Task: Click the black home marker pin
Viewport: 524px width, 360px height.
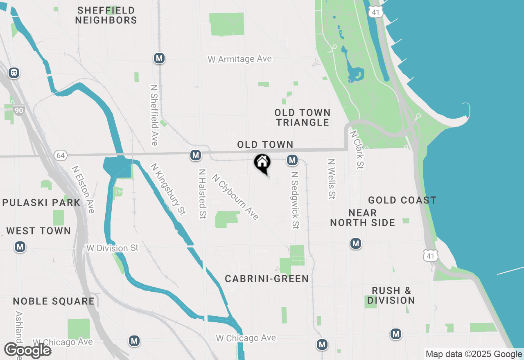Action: [262, 163]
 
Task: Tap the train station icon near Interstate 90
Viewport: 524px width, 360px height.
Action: [14, 73]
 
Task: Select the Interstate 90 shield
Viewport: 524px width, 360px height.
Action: [19, 110]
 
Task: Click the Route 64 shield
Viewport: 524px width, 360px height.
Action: [61, 155]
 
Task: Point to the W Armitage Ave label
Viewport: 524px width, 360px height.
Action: [239, 59]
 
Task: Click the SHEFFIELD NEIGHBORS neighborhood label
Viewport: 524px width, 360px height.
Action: [106, 15]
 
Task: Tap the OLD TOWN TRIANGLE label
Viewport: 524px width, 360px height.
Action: [303, 117]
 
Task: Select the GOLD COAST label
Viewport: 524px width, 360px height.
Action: [402, 200]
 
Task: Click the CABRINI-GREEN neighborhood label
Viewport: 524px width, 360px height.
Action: [267, 279]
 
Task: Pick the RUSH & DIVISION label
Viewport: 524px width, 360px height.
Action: [391, 295]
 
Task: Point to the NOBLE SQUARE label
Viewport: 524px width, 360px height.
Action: [54, 301]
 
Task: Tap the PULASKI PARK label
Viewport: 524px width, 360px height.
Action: [41, 202]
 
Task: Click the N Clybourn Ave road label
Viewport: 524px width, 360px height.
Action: [235, 197]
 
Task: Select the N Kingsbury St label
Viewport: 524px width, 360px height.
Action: [168, 189]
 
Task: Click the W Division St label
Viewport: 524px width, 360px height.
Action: [113, 248]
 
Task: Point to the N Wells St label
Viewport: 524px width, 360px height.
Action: [331, 179]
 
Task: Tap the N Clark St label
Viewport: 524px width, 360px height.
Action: [357, 150]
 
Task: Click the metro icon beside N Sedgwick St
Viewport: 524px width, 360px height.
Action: [292, 160]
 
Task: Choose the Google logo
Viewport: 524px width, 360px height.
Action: [27, 350]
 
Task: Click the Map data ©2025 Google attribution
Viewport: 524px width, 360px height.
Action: [473, 354]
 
